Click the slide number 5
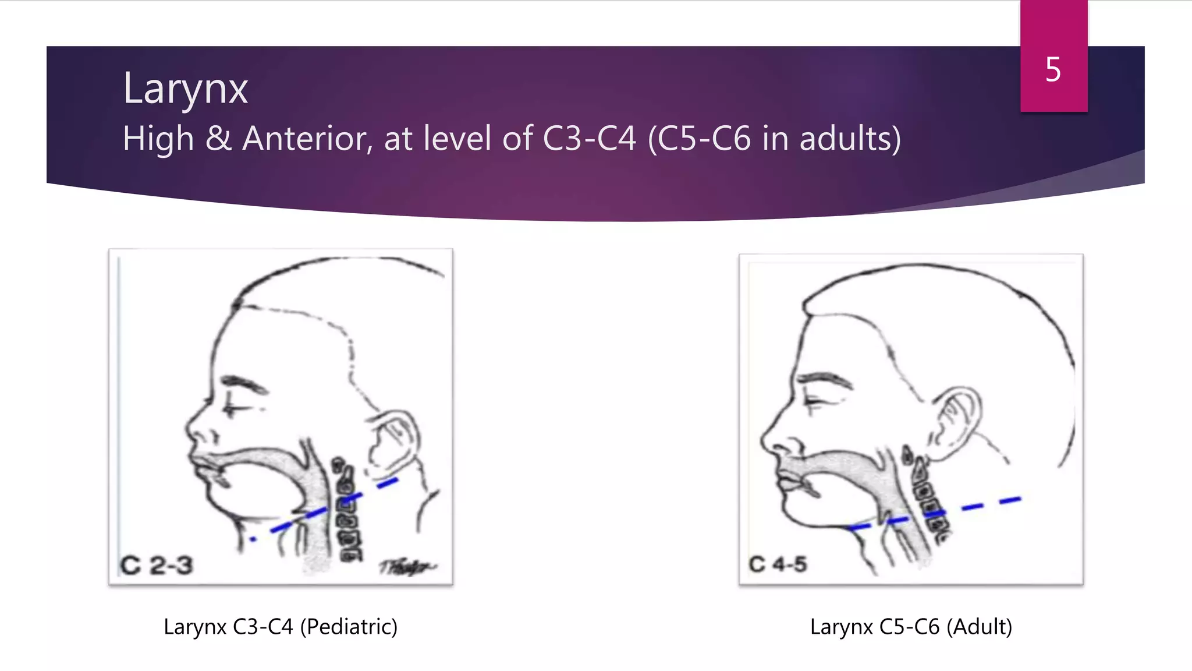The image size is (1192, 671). pos(1053,70)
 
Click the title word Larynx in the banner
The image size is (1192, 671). pos(185,89)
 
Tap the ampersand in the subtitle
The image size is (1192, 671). pos(218,139)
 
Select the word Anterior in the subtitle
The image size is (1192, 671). pos(307,139)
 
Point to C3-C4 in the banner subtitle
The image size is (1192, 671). pos(589,139)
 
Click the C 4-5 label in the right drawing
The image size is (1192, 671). pos(778,564)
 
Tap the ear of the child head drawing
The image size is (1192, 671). pos(393,440)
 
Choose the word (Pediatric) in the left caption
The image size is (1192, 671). pos(348,627)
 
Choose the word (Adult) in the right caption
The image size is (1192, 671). pos(979,627)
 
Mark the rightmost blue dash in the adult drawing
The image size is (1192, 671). pos(1010,500)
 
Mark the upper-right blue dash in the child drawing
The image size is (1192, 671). pos(388,482)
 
